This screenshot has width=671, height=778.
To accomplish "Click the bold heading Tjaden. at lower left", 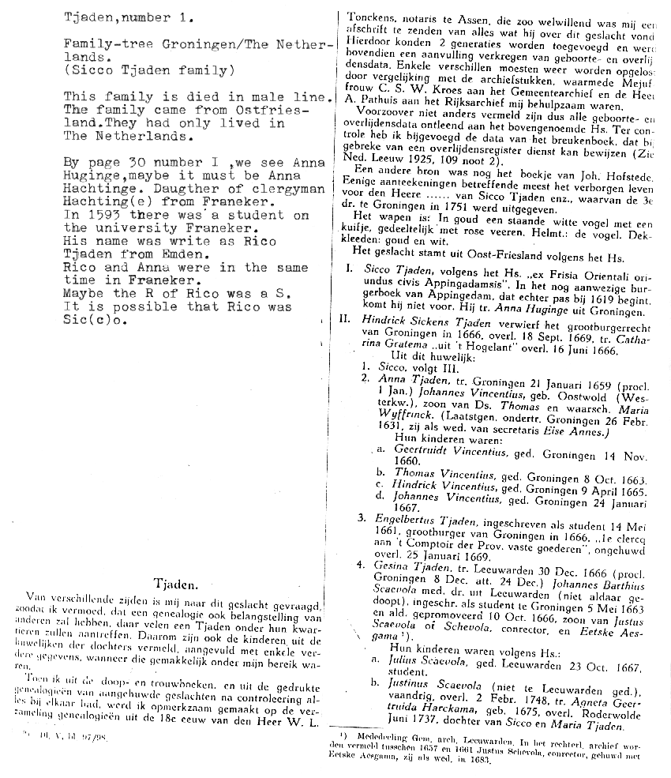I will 168,586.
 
